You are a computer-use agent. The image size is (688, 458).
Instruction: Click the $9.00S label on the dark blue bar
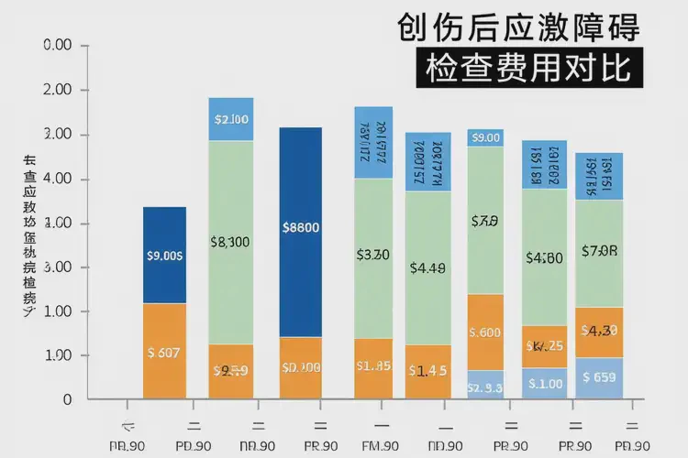pos(165,256)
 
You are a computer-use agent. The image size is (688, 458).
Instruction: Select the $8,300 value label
pos(230,243)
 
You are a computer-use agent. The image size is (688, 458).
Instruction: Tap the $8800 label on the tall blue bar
pos(301,228)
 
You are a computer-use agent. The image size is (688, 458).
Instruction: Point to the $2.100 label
pos(230,119)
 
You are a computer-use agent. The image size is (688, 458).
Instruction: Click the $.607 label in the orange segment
pos(165,352)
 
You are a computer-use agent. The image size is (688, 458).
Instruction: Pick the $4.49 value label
pos(428,268)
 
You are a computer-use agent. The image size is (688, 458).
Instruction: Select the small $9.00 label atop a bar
pos(485,137)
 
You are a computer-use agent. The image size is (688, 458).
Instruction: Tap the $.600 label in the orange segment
pos(485,333)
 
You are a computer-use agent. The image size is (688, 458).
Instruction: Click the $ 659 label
pos(599,377)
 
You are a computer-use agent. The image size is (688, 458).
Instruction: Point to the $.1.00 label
pos(545,385)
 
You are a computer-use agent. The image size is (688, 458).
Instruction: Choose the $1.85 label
pos(373,366)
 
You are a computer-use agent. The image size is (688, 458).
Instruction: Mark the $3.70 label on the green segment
pos(373,255)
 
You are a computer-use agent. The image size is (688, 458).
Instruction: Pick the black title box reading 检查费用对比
pos(528,67)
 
